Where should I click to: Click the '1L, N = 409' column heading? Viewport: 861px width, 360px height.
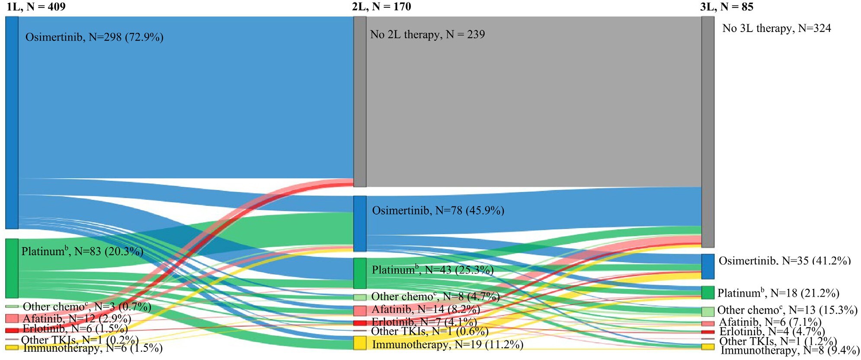[36, 6]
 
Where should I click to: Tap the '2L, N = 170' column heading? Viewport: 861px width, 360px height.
[381, 6]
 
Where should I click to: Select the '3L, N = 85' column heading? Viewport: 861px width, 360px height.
[727, 6]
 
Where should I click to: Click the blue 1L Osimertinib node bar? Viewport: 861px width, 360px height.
[12, 122]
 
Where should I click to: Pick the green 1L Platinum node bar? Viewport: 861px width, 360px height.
[12, 268]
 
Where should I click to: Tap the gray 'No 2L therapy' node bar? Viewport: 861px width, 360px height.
[360, 102]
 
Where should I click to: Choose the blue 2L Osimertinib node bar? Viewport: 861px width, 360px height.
[360, 224]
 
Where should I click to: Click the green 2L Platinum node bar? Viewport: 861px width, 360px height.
[360, 273]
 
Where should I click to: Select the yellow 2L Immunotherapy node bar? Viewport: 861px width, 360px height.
[360, 343]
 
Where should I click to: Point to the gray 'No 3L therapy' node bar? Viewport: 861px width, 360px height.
[707, 132]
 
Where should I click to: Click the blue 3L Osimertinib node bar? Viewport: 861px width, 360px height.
[707, 267]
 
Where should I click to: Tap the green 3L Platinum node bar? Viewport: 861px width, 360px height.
[707, 292]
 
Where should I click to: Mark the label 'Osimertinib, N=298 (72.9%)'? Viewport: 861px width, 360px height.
[94, 37]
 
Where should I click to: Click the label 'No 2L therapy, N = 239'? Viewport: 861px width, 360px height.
[427, 35]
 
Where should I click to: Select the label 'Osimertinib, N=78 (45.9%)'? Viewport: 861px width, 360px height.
[438, 211]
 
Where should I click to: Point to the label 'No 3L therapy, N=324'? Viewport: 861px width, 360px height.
[777, 29]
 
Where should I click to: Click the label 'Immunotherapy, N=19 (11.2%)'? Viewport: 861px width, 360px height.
[448, 345]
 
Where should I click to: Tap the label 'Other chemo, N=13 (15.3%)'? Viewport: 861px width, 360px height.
[787, 310]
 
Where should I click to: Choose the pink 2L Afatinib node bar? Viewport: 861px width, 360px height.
[360, 311]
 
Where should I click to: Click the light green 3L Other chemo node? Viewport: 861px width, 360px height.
[707, 312]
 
